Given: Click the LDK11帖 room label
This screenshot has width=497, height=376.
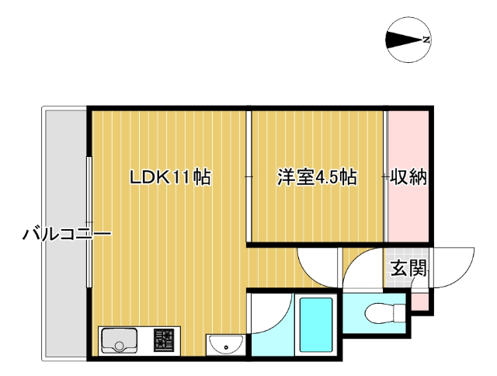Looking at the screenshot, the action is pos(171,177).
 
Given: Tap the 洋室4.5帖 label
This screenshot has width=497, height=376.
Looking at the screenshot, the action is pos(318,177).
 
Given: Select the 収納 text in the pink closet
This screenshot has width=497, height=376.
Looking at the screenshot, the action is pos(408,177).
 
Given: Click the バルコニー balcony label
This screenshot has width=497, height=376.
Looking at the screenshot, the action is pos(67,235).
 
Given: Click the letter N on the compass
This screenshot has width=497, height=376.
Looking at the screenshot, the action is pos(426,40).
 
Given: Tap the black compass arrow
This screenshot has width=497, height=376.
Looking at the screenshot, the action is pos(405,40).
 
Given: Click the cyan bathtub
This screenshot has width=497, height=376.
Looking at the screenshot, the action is pos(316,325).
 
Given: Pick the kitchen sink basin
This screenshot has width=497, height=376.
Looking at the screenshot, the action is pos(119,340).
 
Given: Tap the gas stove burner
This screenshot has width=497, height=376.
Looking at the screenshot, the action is pos(164,340).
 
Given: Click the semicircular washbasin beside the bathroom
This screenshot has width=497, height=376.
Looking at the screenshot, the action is pos(226,345).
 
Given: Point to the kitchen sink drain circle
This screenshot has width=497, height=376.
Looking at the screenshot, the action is pos(119,346).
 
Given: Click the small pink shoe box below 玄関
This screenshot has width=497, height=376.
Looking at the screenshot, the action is pos(420,302).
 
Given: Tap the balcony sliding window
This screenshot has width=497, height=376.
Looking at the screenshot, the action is pos(89,222).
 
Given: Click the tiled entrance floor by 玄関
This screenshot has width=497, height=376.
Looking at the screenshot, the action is pos(406,268).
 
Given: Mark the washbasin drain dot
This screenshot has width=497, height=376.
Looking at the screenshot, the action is pos(226,347).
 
